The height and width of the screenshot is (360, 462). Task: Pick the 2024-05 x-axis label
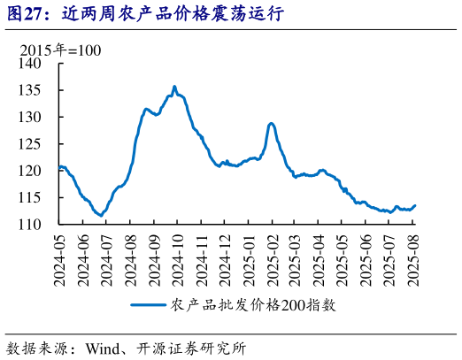click(59, 258)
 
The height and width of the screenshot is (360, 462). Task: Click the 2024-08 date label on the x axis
click(130, 258)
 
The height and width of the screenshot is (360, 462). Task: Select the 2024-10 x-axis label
click(177, 258)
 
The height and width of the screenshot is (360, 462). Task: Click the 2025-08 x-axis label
click(413, 258)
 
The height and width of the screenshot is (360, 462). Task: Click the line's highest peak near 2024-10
click(174, 87)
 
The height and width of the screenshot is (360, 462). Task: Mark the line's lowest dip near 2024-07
click(101, 215)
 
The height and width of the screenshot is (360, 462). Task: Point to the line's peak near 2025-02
click(271, 123)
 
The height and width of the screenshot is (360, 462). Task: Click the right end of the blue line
click(415, 205)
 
